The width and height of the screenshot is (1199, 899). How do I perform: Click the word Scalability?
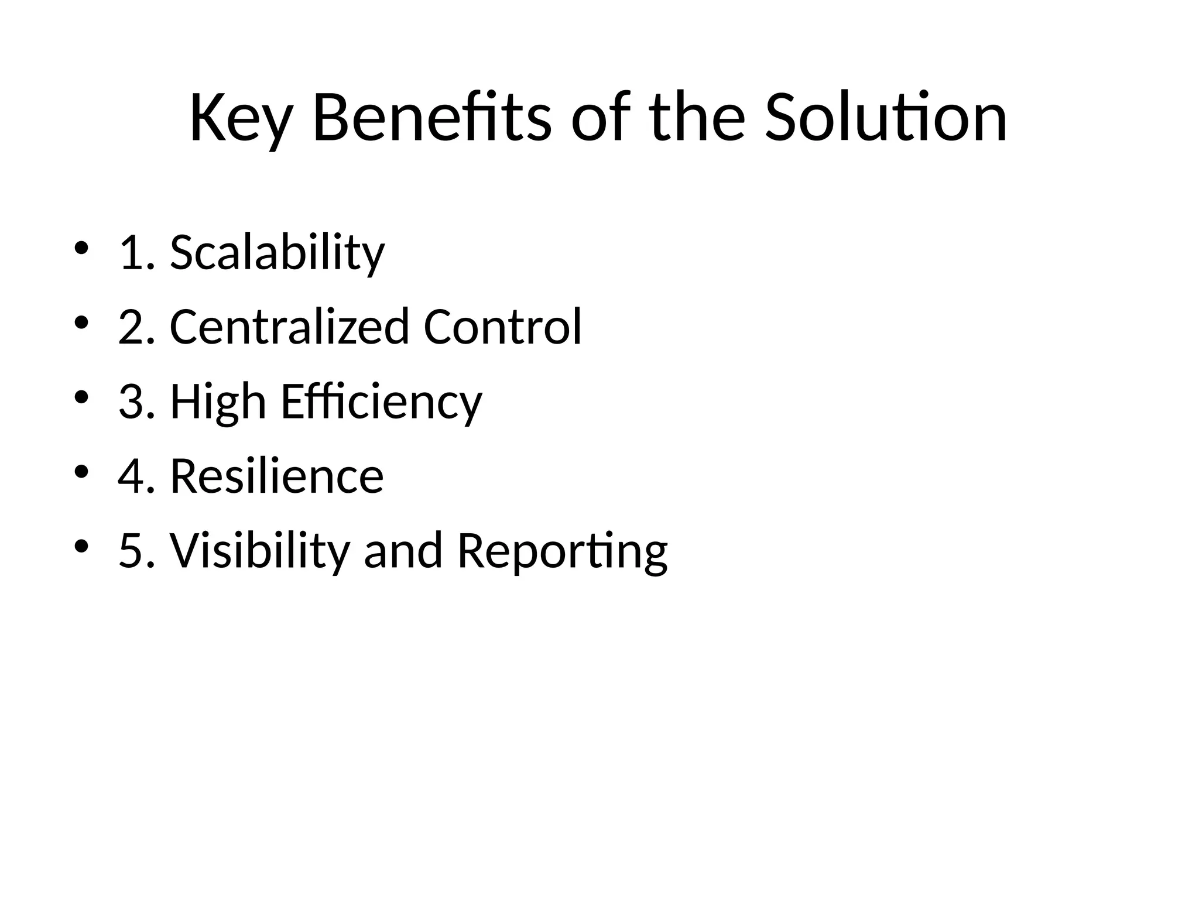(277, 253)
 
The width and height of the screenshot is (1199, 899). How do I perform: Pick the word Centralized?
(289, 327)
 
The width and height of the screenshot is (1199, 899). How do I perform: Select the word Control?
(502, 327)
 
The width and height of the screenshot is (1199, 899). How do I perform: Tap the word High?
(218, 403)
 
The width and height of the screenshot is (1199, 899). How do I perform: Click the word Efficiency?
(381, 403)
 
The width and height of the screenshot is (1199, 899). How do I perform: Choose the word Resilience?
(277, 476)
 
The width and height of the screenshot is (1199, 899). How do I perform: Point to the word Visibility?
(259, 551)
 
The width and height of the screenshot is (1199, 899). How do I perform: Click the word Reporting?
(562, 551)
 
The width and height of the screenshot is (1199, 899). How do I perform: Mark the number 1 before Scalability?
(131, 253)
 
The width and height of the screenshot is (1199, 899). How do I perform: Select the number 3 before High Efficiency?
(131, 403)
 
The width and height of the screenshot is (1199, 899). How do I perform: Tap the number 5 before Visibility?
(131, 551)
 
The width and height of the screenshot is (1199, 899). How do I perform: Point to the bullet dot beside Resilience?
(81, 472)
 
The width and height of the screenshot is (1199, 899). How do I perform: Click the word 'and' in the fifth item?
(403, 551)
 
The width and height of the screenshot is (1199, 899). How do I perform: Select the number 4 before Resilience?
(131, 476)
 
